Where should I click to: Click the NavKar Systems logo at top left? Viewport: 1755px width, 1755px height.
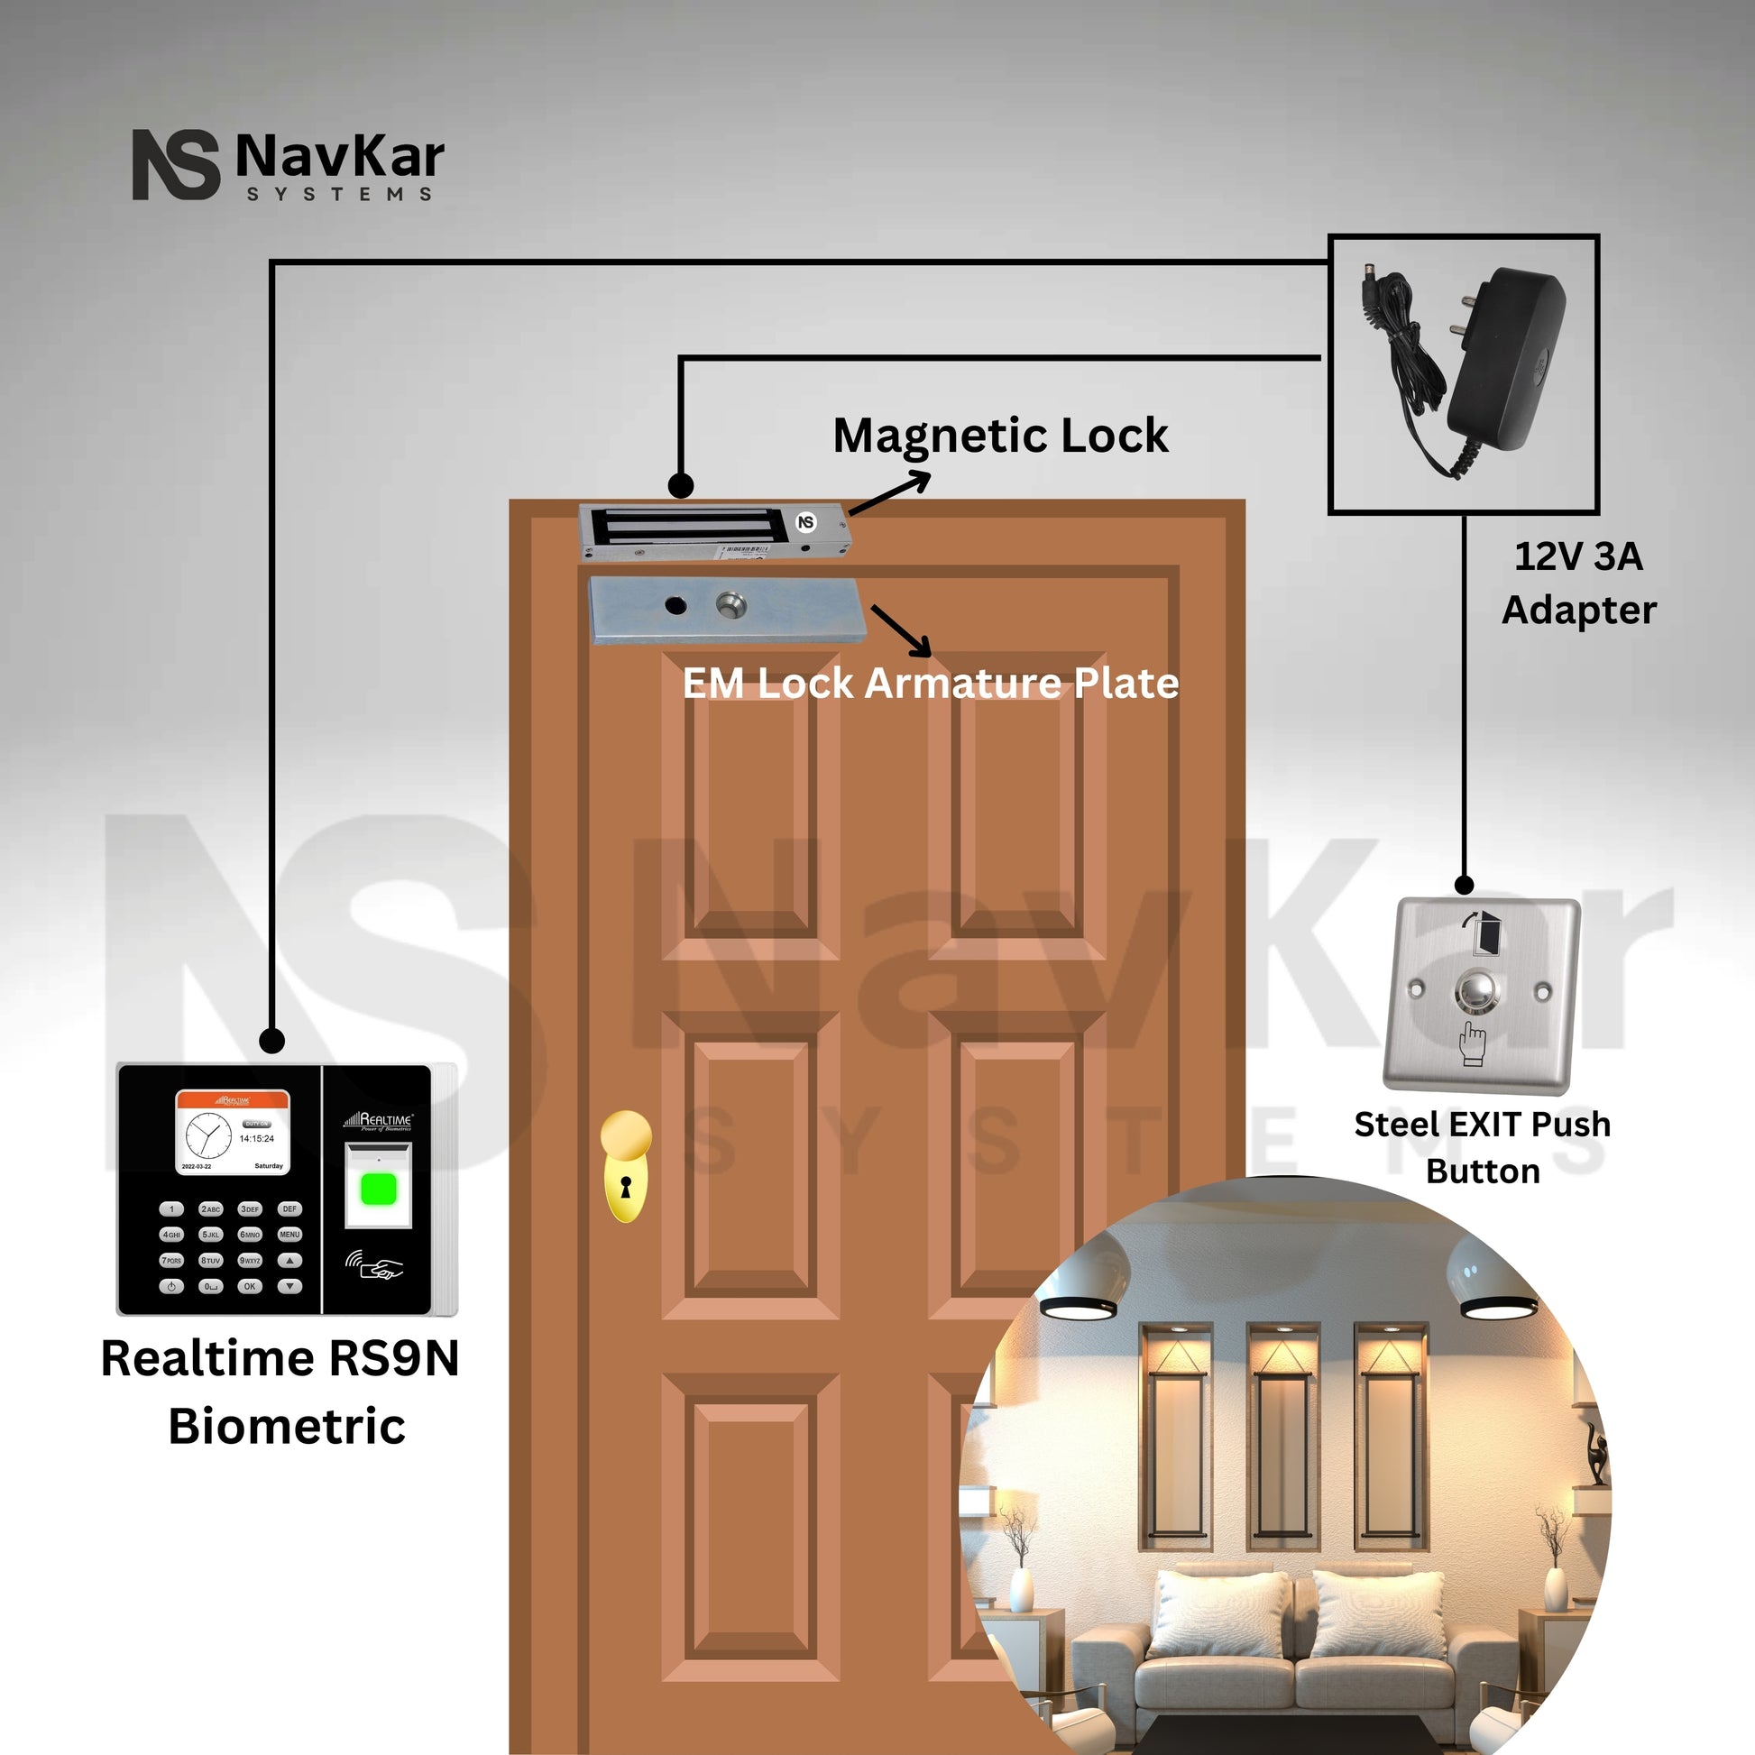(x=288, y=164)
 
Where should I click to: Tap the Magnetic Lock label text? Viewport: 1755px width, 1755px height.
(x=1000, y=435)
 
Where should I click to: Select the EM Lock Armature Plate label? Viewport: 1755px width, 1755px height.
(x=930, y=683)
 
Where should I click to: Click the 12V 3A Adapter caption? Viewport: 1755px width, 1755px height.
(x=1579, y=583)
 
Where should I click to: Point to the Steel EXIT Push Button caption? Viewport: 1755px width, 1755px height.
(x=1483, y=1147)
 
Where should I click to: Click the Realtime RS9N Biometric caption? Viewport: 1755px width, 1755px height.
(x=280, y=1392)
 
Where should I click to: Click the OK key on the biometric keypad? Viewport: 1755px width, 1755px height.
(x=250, y=1286)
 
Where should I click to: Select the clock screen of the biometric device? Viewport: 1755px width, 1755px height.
(x=233, y=1133)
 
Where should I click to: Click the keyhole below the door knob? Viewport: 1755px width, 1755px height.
(x=625, y=1186)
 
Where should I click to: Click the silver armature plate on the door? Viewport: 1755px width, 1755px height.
(x=724, y=610)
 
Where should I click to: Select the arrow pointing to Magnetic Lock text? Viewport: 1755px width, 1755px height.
(x=889, y=495)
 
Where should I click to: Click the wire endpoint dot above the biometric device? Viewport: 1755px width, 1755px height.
(x=271, y=1040)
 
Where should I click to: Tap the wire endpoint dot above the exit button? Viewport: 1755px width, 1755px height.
(x=1465, y=884)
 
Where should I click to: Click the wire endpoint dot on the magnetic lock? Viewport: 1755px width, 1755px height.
(x=680, y=486)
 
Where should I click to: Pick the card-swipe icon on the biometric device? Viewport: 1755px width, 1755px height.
(x=374, y=1264)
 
